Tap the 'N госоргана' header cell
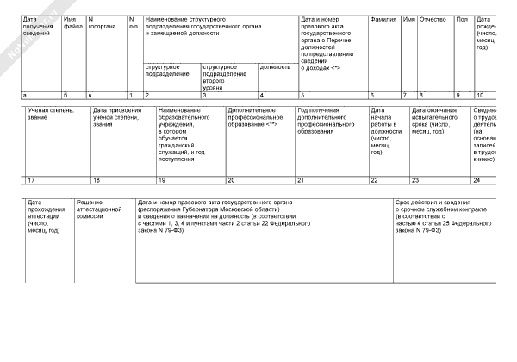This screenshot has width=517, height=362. tap(103, 23)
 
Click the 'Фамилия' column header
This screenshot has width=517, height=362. tap(382, 18)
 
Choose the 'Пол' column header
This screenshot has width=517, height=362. tap(462, 18)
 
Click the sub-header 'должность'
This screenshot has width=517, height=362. tap(275, 66)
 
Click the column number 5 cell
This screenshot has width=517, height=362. tap(331, 94)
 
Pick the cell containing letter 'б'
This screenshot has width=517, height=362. tap(72, 94)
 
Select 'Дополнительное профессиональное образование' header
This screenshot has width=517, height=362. tap(258, 118)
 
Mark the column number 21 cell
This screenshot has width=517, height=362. tap(331, 180)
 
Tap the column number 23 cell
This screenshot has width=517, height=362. tap(438, 180)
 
